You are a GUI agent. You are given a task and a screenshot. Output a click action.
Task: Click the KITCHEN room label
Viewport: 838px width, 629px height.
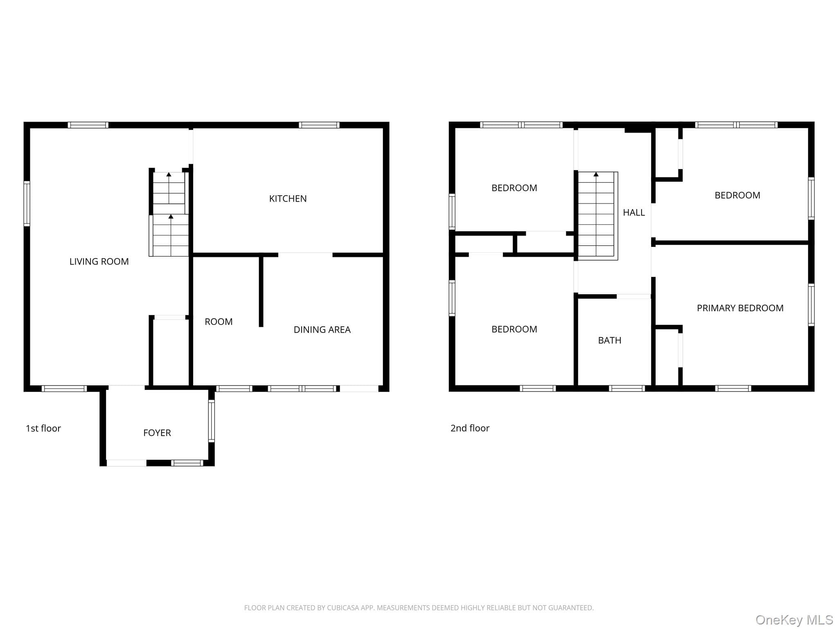coord(288,199)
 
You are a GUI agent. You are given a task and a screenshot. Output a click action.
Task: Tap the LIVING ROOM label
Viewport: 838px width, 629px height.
coord(99,262)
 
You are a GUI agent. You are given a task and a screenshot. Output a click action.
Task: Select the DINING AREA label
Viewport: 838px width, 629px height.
coord(322,330)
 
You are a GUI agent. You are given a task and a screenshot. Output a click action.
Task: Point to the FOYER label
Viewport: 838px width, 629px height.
coord(157,433)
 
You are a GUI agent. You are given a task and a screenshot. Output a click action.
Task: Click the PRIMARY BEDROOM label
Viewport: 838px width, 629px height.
coord(740,308)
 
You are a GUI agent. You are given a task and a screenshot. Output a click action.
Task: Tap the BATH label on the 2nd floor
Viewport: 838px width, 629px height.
coord(610,340)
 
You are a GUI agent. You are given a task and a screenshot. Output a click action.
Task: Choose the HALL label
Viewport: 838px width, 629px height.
coord(634,213)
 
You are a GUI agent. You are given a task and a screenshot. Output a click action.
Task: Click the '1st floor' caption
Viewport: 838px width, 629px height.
coord(43,428)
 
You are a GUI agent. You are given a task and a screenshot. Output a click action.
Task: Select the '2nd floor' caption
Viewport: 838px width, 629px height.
coord(470,428)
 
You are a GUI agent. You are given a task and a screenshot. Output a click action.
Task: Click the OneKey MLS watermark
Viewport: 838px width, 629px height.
coord(794,620)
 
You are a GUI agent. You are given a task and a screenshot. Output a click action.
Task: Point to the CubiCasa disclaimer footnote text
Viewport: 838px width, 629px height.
coord(419,608)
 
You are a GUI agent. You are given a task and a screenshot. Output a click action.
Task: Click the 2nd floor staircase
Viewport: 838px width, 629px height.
coord(597,216)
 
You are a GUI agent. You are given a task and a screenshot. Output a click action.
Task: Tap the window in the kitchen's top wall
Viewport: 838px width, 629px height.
coord(319,125)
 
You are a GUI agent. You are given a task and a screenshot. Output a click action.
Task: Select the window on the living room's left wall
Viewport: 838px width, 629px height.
coord(27,204)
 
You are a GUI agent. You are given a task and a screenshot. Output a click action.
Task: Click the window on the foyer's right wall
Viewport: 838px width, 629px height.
coord(212,421)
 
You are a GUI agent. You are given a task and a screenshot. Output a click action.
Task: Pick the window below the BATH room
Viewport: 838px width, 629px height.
coord(627,389)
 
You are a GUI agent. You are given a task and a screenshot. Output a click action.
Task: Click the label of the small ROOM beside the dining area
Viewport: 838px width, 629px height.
coord(219,322)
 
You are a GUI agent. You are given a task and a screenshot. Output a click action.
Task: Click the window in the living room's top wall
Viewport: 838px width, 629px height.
coord(88,125)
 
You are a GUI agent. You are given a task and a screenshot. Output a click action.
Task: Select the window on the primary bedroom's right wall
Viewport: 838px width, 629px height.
coord(811,305)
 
